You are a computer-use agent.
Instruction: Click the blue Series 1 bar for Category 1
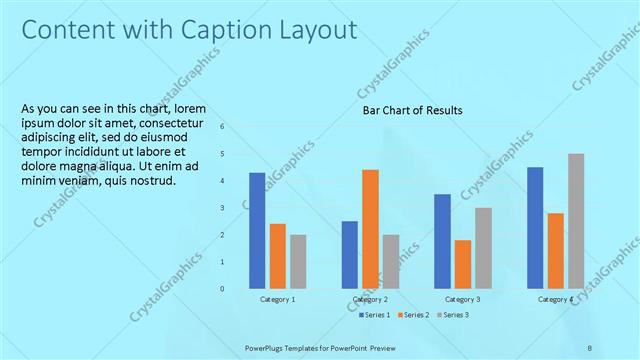[257, 230]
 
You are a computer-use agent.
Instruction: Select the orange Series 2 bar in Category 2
[370, 229]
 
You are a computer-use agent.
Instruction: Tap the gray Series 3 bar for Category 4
[576, 221]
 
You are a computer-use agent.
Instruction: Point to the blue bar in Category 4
[535, 227]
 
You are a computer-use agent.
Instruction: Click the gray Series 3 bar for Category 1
[298, 261]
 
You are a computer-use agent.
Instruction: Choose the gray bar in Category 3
[483, 248]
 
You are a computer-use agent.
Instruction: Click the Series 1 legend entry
[376, 316]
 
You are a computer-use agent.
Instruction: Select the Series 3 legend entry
[452, 316]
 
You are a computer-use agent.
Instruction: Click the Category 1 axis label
[277, 300]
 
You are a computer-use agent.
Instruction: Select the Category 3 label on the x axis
[462, 300]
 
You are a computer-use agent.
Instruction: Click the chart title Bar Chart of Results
[412, 110]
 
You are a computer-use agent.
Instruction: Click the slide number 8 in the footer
[590, 346]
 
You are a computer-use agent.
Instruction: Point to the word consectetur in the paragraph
[188, 123]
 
